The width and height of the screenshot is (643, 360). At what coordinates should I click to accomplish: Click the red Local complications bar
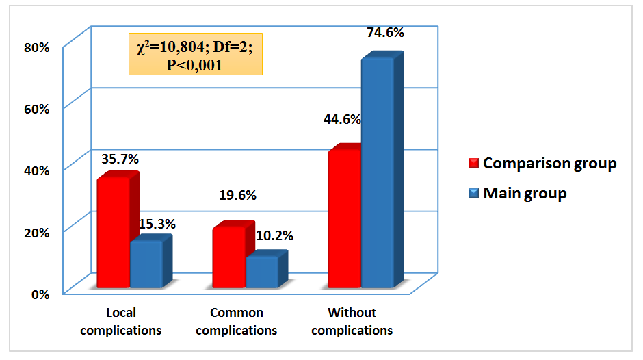[113, 233]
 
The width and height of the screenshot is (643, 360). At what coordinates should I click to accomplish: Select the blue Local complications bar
[146, 264]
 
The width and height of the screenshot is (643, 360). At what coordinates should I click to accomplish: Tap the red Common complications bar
[228, 257]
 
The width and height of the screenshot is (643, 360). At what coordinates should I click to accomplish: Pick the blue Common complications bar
[262, 272]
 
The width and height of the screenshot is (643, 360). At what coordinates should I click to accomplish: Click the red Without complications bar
[344, 219]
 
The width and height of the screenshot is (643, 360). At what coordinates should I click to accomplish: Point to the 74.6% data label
[385, 32]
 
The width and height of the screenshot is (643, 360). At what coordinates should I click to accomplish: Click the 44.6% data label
[342, 119]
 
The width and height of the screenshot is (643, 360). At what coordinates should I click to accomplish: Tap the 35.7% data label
[120, 159]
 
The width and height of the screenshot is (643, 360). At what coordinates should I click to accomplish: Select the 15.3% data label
[157, 224]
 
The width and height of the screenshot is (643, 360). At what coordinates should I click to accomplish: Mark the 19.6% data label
[237, 195]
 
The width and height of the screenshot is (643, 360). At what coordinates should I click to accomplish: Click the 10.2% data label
[274, 236]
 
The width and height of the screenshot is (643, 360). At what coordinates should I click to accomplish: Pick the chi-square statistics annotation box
[195, 55]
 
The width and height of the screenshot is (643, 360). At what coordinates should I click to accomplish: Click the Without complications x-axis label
[352, 322]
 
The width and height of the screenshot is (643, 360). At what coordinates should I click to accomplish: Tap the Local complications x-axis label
[121, 322]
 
